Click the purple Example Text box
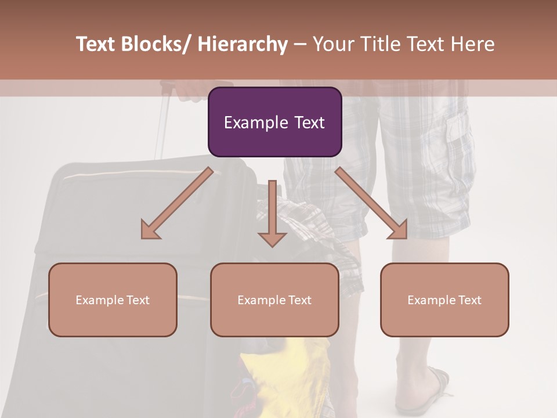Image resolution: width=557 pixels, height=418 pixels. click(x=274, y=122)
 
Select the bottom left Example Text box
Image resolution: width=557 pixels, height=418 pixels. click(x=113, y=300)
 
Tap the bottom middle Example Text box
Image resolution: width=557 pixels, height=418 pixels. click(x=274, y=300)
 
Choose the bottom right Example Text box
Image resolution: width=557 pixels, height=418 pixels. click(x=444, y=300)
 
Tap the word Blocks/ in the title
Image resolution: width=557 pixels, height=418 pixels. click(x=157, y=44)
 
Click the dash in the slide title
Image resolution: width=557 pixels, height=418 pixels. click(x=300, y=44)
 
